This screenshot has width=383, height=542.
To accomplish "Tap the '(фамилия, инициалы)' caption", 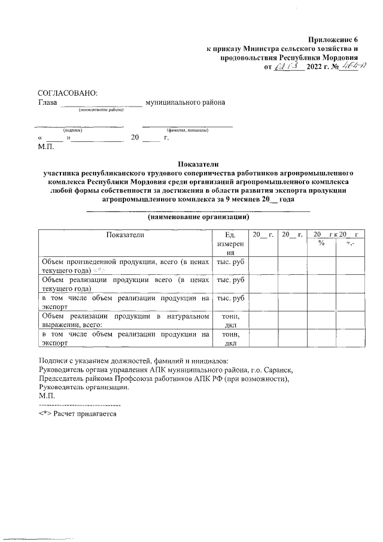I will (x=187, y=130).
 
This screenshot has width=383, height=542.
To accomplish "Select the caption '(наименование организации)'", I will (x=199, y=216).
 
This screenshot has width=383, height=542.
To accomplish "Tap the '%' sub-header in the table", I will (x=321, y=244).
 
